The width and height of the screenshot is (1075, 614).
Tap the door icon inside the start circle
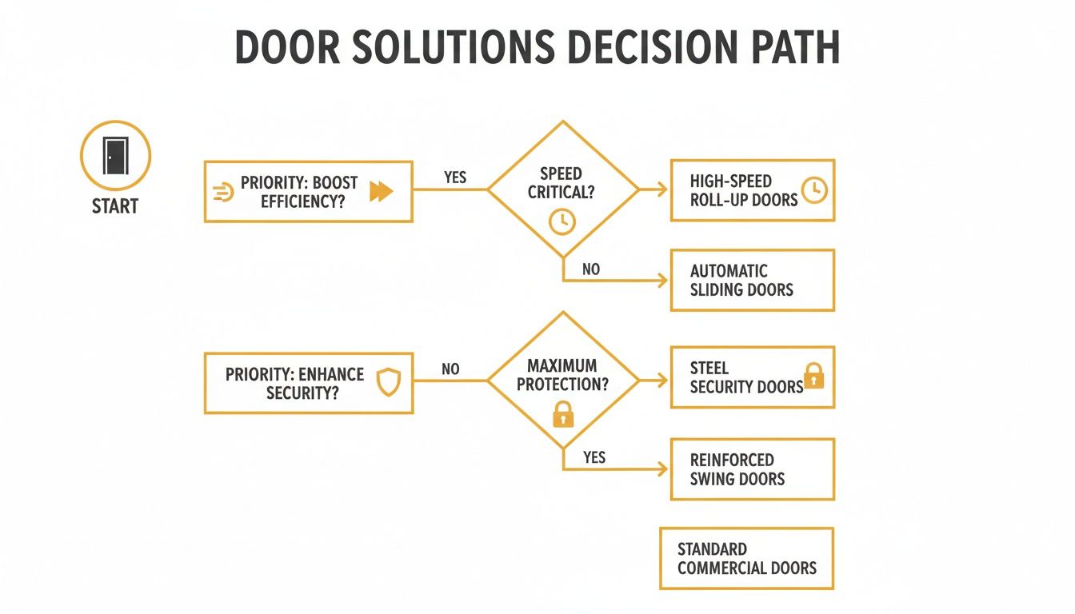coord(115,154)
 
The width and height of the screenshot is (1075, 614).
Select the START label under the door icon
coord(115,206)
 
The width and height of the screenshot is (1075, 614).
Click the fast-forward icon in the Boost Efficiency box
coord(382,191)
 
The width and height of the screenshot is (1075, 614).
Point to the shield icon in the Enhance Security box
coord(389,382)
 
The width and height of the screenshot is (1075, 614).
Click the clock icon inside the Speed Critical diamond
coord(562,221)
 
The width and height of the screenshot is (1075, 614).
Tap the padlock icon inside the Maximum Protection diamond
coord(563,413)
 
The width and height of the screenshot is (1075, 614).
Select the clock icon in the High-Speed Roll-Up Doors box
coord(813,190)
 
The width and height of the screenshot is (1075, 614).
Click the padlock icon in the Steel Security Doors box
coord(813,376)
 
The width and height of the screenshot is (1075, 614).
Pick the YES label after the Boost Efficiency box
coord(455,177)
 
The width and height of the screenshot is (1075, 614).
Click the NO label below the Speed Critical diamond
coord(591,269)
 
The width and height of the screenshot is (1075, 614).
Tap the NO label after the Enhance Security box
coord(451,369)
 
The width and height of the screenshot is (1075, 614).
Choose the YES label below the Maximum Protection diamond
coord(594,457)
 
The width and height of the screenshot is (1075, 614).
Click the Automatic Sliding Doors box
coord(752,280)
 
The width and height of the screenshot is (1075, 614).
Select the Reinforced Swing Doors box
coord(752,469)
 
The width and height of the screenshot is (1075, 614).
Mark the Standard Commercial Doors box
coord(746,558)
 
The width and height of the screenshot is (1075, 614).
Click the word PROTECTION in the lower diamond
coord(562,385)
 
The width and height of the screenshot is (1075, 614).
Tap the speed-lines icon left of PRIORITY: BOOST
coord(224,192)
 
